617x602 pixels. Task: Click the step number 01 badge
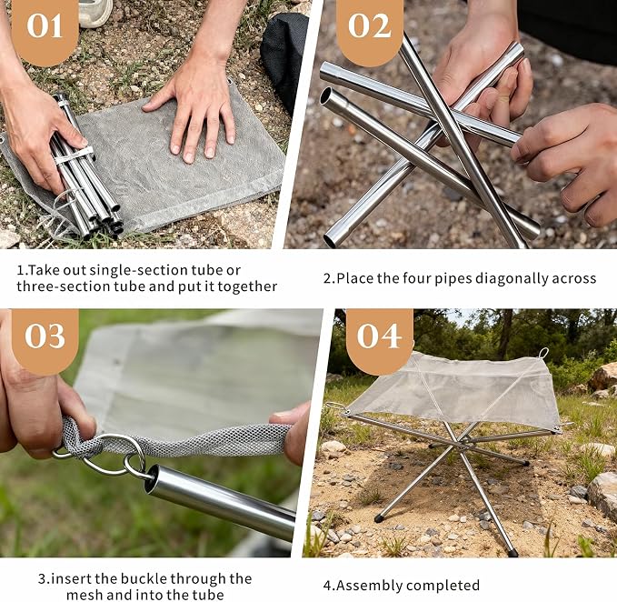(45, 29)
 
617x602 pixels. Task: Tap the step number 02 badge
(370, 29)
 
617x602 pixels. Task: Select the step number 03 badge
(45, 338)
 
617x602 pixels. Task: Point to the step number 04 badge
(379, 338)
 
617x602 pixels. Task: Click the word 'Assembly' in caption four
(366, 586)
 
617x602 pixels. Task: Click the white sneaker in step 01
(95, 12)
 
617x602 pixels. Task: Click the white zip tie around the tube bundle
(75, 156)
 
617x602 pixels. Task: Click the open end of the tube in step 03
(151, 478)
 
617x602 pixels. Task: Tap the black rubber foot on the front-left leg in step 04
(379, 517)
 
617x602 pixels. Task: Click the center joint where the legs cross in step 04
(463, 444)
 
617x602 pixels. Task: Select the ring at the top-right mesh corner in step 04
(543, 353)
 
